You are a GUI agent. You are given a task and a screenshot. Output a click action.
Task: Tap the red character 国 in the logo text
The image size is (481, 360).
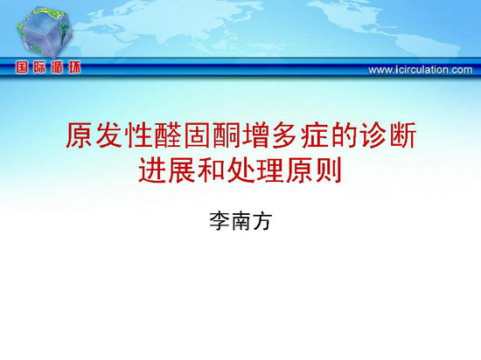22,67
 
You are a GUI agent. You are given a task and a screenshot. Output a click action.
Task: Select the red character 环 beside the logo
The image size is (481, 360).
74,67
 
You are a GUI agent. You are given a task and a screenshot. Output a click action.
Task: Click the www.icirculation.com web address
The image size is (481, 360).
421,70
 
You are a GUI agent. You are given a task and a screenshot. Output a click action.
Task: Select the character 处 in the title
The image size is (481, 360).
240,170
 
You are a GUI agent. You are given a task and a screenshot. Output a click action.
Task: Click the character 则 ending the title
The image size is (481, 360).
329,170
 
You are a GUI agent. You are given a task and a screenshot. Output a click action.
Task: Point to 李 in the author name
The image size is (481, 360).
220,221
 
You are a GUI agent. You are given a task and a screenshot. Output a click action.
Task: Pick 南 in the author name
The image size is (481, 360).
240,221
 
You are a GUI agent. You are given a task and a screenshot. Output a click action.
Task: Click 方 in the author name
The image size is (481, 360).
262,221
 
